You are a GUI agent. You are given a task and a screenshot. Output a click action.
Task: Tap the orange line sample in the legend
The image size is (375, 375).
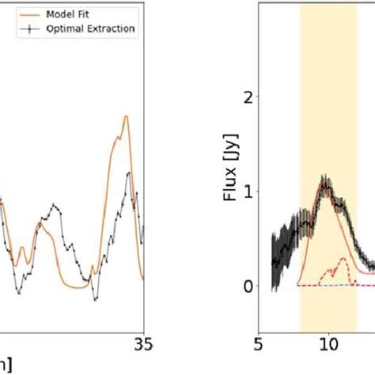[16, 14]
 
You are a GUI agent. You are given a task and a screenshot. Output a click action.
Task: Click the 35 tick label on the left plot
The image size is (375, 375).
[142, 344]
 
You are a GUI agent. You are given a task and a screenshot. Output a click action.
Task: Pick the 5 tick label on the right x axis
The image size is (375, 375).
[259, 344]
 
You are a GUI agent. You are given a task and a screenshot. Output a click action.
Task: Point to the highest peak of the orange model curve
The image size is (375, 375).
[125, 117]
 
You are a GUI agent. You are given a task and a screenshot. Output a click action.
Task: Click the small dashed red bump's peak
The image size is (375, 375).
[343, 259]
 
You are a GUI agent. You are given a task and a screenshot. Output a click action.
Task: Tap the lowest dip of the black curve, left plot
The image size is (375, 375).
[93, 299]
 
